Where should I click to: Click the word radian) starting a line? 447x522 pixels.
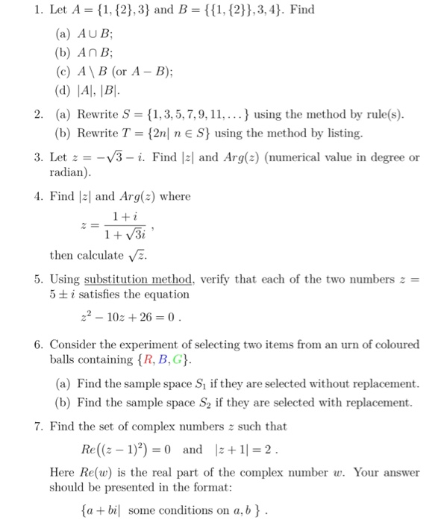coord(70,172)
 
